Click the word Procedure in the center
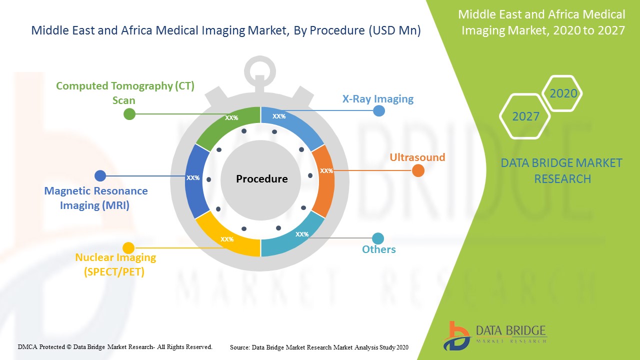(261, 179)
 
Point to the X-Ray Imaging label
(377, 99)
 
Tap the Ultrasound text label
(417, 157)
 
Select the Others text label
(378, 249)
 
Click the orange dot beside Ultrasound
(418, 171)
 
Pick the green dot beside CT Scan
(129, 114)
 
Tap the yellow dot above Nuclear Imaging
(128, 247)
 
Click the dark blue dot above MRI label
(100, 175)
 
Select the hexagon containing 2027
(525, 116)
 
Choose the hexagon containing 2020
(563, 93)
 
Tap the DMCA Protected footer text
(115, 346)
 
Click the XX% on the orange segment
(326, 171)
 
